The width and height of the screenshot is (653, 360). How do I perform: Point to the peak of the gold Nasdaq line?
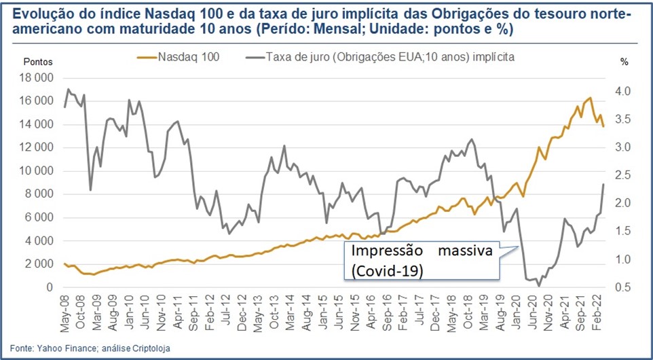point(590,98)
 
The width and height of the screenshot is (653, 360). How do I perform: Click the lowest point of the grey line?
point(539,286)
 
